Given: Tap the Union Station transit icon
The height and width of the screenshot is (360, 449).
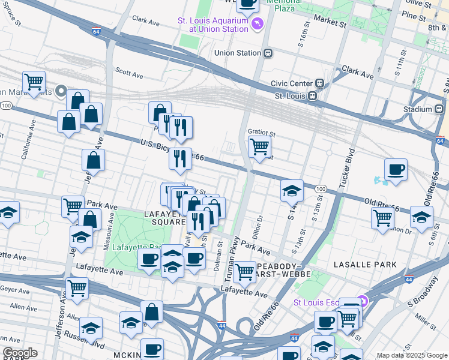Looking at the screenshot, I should click(268, 53).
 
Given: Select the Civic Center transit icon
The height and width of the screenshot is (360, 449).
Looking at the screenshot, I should click(321, 83).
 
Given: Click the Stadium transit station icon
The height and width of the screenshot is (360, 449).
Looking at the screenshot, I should click(442, 109).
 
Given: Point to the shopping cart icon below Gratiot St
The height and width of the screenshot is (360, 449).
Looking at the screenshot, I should click(259, 146).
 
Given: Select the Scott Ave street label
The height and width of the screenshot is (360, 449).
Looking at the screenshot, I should click(129, 73).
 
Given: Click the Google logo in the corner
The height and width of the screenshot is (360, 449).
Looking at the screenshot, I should click(20, 353).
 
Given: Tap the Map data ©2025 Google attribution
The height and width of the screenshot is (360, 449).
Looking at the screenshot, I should click(412, 355).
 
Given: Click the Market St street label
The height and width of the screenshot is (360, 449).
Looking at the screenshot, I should click(330, 22).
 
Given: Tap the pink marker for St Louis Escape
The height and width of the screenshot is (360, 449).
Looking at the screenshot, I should click(361, 301).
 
